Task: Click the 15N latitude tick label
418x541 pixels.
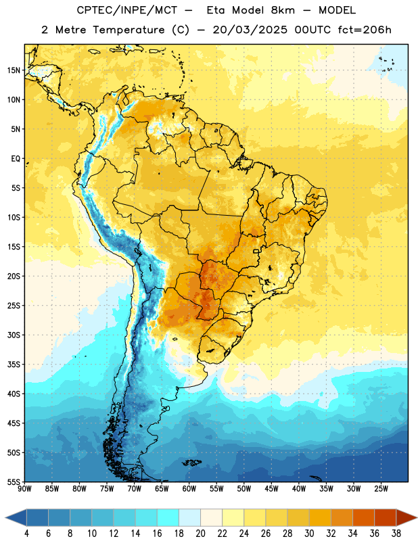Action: coord(14,70)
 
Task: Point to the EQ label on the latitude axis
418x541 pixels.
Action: coord(16,159)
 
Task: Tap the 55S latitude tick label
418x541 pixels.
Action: coord(14,481)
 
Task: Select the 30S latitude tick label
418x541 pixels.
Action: coord(14,335)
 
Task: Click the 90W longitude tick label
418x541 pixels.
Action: coord(24,489)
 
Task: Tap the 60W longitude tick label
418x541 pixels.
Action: coord(189,489)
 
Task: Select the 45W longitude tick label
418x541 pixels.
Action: coord(271,489)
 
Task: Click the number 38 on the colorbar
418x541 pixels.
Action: coord(396,534)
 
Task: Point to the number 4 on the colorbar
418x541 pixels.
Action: coord(26,534)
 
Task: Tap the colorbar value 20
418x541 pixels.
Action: coord(200,534)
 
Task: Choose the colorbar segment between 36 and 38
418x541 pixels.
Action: coord(386,518)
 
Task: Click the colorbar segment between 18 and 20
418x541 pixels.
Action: coord(189,518)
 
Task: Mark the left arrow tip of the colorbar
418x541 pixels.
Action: coord(5,518)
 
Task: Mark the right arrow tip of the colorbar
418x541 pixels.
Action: coord(417,518)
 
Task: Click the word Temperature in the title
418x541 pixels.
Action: coord(129,30)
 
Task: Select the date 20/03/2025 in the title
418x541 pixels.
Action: coord(250,30)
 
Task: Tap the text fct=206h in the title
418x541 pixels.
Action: coord(365,30)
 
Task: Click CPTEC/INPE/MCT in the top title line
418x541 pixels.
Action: coord(127,10)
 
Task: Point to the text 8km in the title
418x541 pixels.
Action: coord(283,10)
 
